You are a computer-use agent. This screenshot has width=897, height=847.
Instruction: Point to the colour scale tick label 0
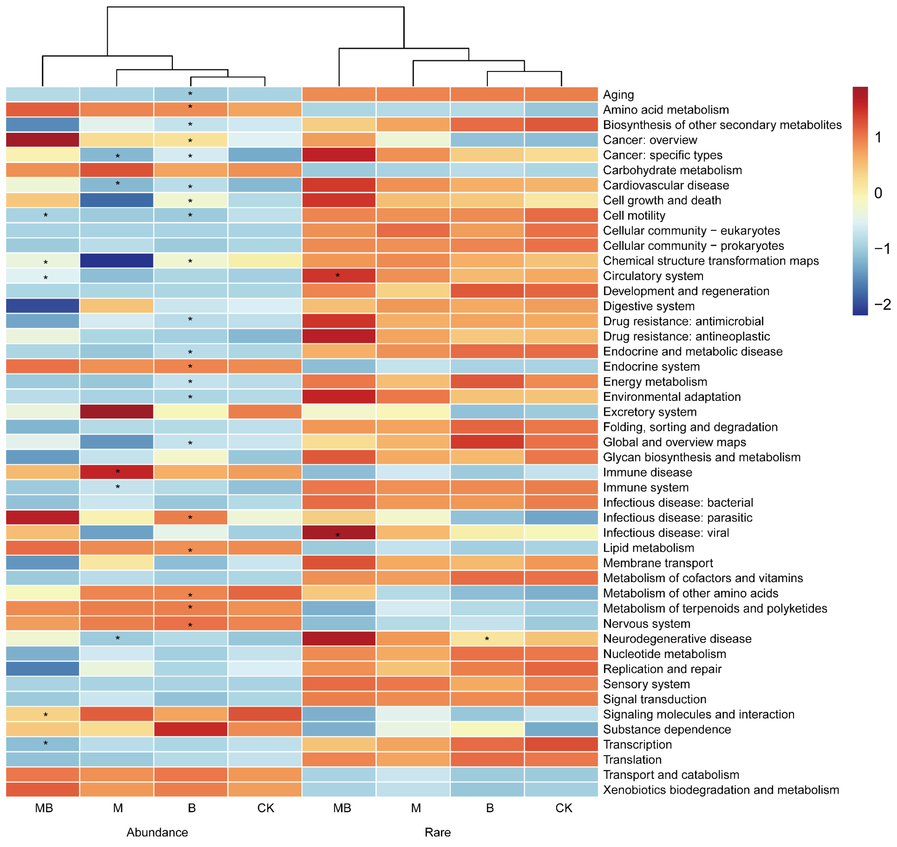pos(878,193)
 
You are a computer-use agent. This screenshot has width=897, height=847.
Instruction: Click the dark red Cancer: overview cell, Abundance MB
pos(43,140)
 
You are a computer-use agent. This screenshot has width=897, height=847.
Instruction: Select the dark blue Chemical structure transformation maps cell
pos(117,261)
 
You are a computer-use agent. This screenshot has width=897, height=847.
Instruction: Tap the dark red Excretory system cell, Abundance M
pos(117,412)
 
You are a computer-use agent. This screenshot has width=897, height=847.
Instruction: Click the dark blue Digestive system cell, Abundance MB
pos(43,306)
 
